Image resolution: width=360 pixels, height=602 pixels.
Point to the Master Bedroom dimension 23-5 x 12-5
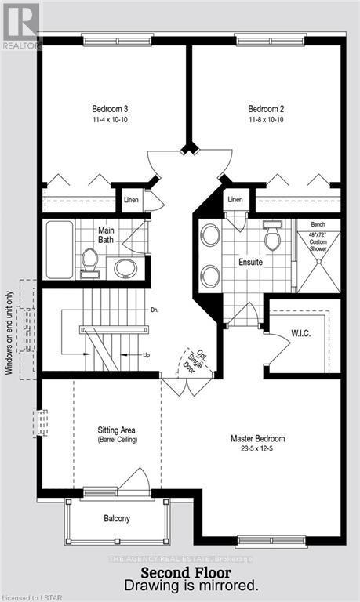point(257,450)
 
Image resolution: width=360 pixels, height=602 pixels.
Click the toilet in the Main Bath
point(89,262)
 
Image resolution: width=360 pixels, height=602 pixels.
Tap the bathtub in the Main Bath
point(57,248)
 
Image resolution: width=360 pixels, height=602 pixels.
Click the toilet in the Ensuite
point(273,237)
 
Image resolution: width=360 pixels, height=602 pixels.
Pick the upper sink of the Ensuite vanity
point(210,234)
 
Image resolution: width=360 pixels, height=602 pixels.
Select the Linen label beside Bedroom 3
point(131,201)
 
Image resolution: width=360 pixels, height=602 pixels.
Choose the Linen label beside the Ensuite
point(235,201)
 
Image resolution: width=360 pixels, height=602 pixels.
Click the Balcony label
point(116,518)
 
